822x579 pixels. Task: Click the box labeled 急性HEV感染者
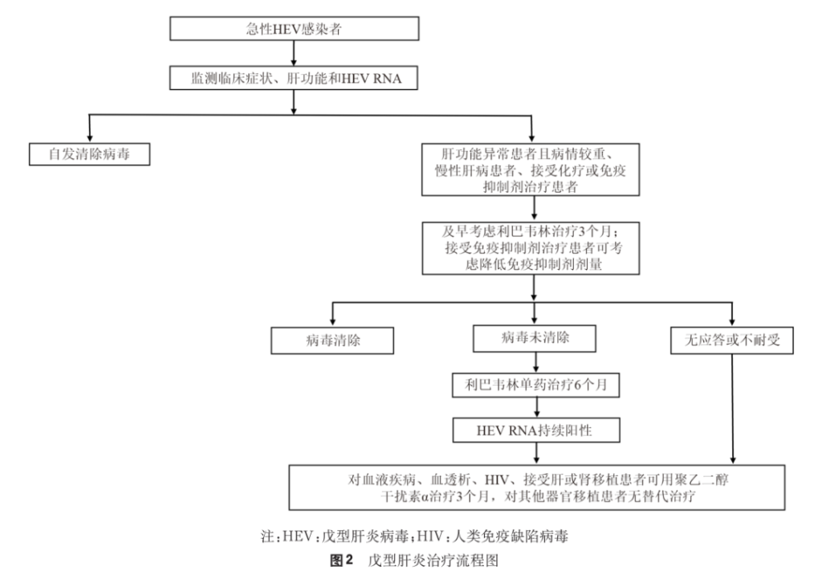[x=295, y=28]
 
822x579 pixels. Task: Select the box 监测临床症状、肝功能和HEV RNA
[x=295, y=78]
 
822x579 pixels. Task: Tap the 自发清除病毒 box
[x=88, y=153]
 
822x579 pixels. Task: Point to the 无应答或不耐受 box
[x=731, y=340]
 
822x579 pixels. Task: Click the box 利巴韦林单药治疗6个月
[x=533, y=385]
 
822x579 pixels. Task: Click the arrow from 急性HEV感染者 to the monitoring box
[x=295, y=52]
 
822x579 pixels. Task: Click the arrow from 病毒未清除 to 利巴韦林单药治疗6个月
[x=533, y=363]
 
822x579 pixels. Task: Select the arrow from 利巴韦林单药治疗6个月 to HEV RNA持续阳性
[x=533, y=407]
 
